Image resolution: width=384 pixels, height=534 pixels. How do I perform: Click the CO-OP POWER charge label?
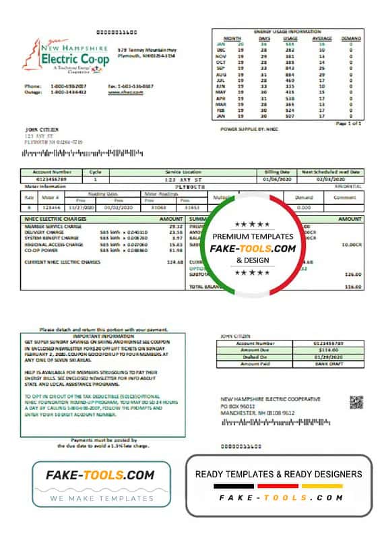[40, 249]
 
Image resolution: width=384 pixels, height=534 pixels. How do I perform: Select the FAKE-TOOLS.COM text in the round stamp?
[253, 249]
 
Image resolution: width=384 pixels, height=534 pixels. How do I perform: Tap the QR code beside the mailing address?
[356, 403]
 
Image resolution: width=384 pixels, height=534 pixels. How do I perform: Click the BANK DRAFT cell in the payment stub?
[326, 364]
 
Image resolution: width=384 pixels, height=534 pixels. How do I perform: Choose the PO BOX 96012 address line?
[238, 407]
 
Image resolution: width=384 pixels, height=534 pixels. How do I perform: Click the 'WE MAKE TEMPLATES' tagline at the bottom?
[101, 498]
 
